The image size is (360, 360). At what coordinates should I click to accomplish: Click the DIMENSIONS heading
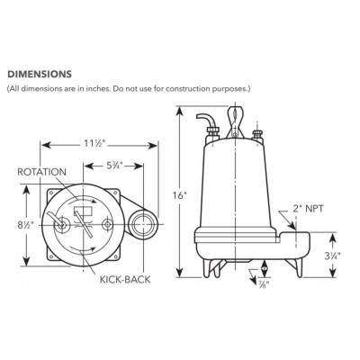(x=40, y=74)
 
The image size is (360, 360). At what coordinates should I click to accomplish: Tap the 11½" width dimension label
(x=93, y=144)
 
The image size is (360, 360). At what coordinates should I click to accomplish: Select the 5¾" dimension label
(x=113, y=166)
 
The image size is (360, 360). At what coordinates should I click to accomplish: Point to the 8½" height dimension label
(x=30, y=225)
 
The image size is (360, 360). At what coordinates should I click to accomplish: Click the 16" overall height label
(x=180, y=195)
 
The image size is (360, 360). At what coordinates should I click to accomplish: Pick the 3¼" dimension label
(x=332, y=256)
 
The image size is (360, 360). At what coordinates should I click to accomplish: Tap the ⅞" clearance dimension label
(x=264, y=283)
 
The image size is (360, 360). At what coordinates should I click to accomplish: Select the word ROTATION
(x=41, y=172)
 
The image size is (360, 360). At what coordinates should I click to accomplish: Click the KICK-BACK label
(x=125, y=279)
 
